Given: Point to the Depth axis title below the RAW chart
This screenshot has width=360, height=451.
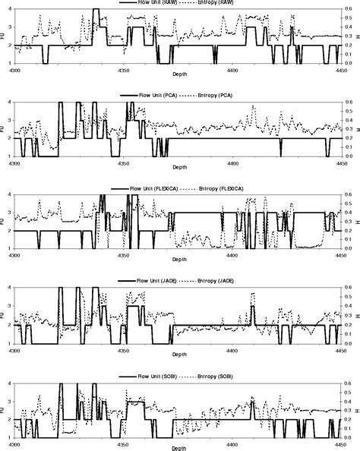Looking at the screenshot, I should coord(179,76).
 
